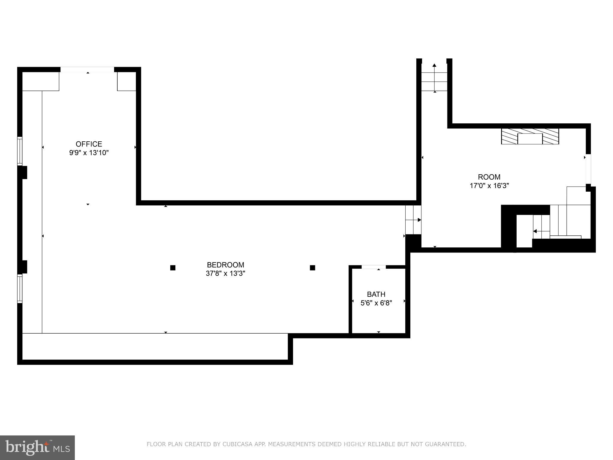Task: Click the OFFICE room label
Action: click(89, 144)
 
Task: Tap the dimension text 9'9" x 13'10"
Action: click(89, 153)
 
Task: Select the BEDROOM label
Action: click(225, 265)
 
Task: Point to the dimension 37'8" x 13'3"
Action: click(225, 273)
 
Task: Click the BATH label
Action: click(376, 294)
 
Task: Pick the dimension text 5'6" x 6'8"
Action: click(376, 303)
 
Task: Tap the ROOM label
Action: click(489, 177)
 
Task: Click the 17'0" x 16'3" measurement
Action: click(489, 186)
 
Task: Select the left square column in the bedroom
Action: click(173, 268)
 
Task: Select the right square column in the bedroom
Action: click(312, 268)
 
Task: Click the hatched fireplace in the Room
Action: click(530, 137)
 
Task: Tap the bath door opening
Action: click(374, 267)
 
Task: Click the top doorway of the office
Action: click(87, 69)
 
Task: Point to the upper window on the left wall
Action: click(20, 151)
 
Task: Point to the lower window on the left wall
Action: click(20, 288)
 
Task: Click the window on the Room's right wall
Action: click(588, 169)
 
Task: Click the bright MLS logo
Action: click(37, 448)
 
